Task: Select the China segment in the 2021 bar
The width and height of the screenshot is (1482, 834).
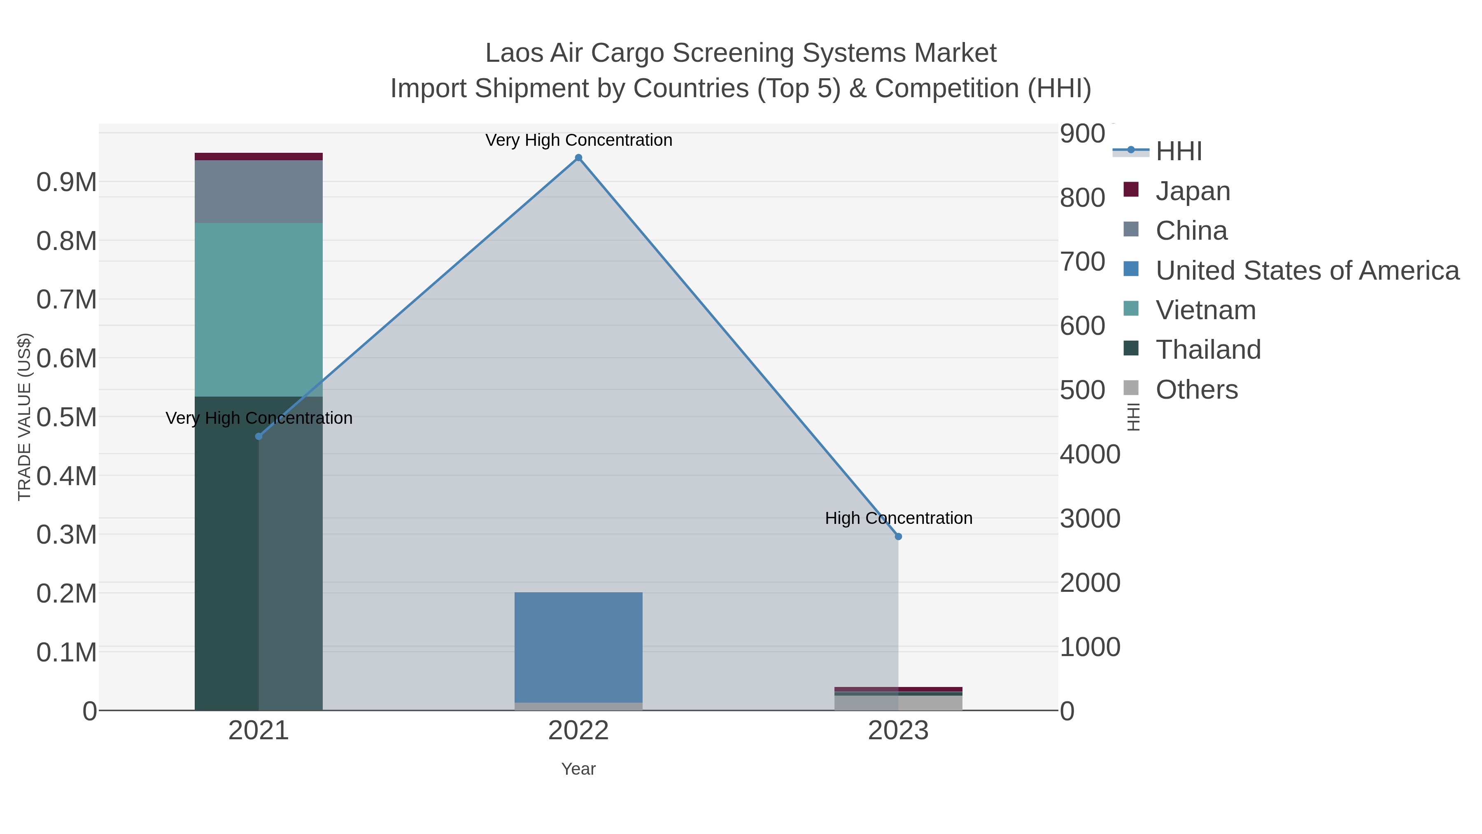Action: click(x=258, y=191)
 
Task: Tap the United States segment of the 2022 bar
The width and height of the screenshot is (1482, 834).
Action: click(x=578, y=646)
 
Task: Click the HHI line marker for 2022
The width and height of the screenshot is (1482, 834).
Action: click(x=578, y=158)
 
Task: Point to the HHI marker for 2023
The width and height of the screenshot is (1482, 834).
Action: click(x=898, y=536)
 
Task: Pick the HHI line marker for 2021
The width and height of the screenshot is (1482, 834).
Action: click(x=258, y=436)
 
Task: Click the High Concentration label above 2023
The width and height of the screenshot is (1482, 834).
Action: click(x=898, y=518)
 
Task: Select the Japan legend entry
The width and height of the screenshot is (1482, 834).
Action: click(x=1192, y=191)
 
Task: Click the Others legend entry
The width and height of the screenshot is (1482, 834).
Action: click(x=1196, y=390)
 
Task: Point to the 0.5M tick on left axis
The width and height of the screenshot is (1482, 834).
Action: click(x=66, y=417)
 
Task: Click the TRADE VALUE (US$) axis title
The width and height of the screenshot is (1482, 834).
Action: click(x=24, y=417)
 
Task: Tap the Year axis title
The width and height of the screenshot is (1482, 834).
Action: click(x=578, y=769)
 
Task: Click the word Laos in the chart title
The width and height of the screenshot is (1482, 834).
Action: click(x=514, y=53)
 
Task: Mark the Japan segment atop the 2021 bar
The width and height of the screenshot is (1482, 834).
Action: click(x=258, y=157)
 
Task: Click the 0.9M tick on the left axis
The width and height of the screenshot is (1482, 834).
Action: click(x=66, y=182)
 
